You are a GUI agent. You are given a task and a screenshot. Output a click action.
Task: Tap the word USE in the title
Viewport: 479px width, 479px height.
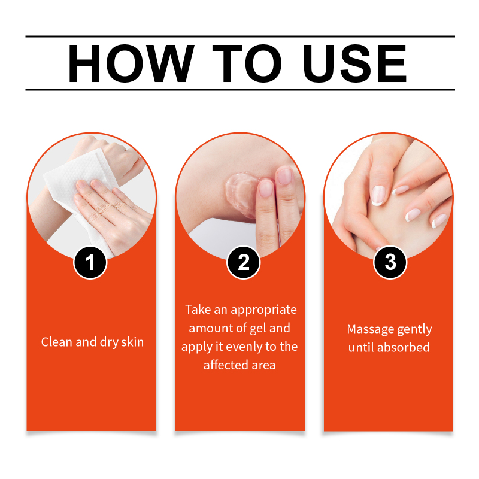354,63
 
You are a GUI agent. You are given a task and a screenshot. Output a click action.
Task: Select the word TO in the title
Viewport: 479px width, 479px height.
247,63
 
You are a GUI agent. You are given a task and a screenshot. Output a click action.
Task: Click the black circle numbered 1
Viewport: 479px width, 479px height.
90,262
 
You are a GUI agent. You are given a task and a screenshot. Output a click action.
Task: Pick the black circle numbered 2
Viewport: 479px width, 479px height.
244,262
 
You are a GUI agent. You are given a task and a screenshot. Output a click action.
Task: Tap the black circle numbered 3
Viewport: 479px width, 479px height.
390,262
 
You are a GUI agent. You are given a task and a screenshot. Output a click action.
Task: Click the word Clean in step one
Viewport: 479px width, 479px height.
57,342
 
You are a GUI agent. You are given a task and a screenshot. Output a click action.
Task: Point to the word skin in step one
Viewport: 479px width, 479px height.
132,342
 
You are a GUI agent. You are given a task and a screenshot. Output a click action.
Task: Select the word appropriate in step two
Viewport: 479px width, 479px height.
263,310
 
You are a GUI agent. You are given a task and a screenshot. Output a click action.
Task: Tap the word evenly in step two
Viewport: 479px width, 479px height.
244,347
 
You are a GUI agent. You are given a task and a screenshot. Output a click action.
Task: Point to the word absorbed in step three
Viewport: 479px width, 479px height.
404,347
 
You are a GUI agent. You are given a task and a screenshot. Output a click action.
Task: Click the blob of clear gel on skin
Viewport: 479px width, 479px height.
241,192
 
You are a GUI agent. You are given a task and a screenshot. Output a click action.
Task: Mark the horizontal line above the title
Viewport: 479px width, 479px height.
240,37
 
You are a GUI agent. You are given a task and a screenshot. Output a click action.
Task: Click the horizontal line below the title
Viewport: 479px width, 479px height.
240,90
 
